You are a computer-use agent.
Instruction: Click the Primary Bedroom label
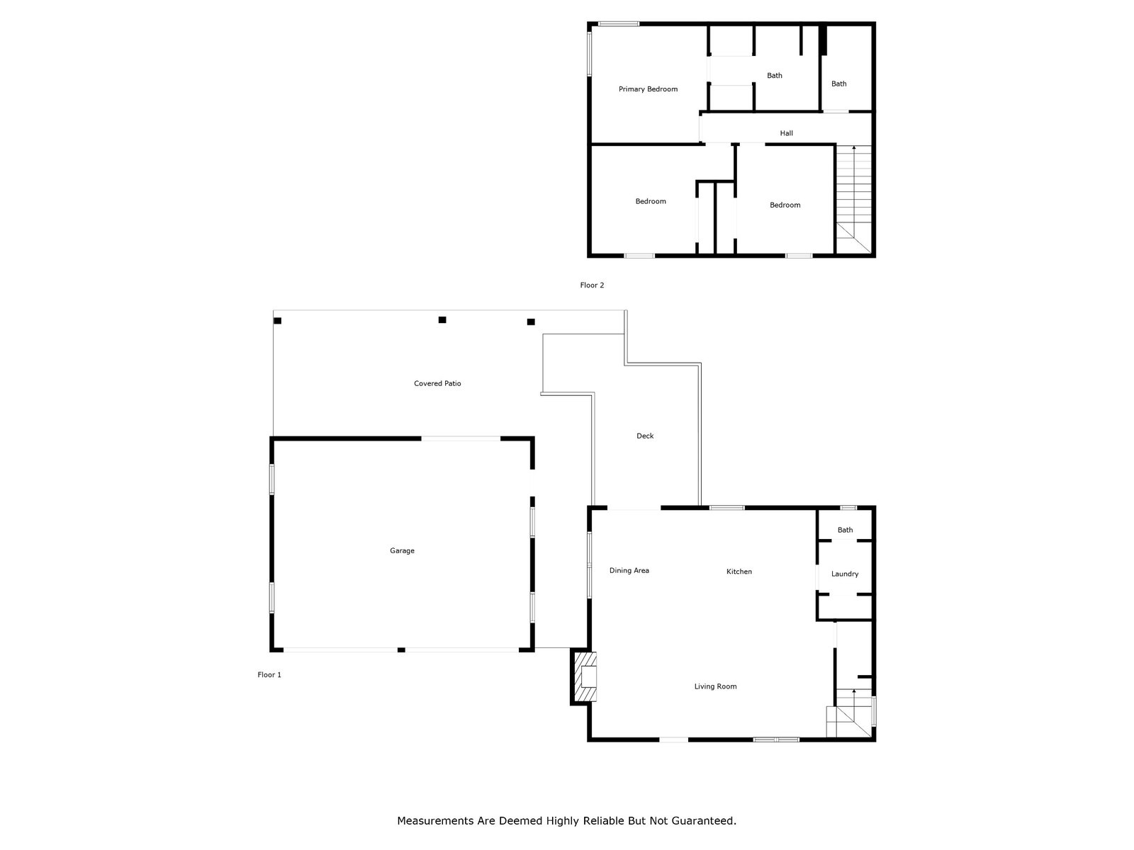point(648,89)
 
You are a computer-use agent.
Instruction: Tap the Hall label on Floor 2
point(786,133)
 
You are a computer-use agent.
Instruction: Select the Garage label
point(402,550)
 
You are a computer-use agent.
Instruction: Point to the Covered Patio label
point(437,383)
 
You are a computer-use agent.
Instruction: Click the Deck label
point(645,436)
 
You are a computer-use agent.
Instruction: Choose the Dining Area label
point(629,571)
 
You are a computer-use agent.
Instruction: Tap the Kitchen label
point(739,572)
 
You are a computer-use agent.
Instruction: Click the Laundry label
point(845,574)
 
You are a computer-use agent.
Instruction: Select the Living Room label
point(715,686)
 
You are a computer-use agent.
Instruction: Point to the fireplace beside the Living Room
point(584,676)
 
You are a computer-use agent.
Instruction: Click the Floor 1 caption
point(269,675)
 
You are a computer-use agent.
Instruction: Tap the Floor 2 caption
point(592,285)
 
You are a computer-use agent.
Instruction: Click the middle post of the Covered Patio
point(442,320)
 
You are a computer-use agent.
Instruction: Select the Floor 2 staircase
point(853,199)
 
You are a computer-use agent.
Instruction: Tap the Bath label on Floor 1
point(846,530)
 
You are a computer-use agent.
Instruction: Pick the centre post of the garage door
point(401,650)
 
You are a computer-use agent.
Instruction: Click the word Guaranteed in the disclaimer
point(704,820)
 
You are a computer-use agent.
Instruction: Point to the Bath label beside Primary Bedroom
point(774,76)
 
